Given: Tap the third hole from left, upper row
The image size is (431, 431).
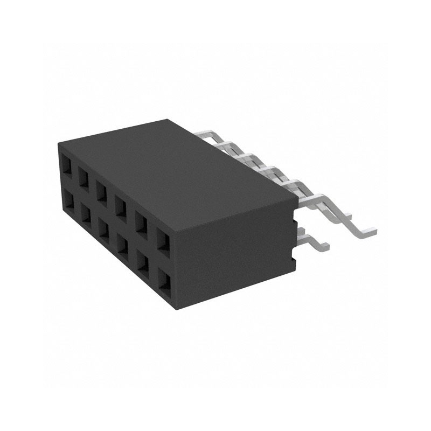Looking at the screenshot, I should [x=102, y=189].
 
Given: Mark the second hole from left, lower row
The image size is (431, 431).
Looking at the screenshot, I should [x=86, y=215].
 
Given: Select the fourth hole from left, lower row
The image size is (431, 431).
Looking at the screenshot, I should [x=122, y=245].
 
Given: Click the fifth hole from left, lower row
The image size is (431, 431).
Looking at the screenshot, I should [x=142, y=262].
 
